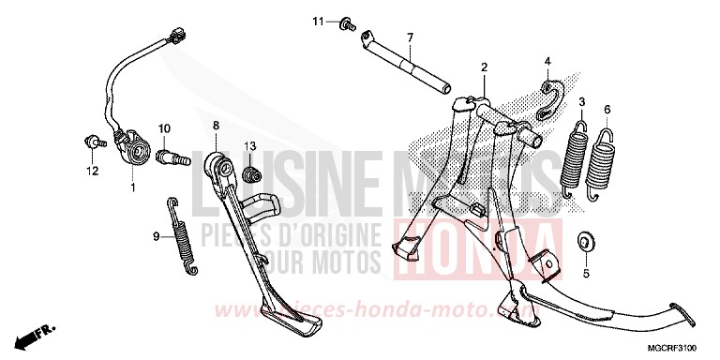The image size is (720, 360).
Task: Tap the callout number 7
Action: pos(410,38)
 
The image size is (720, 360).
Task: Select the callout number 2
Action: pos(485,67)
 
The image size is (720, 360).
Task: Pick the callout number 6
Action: pos(607,110)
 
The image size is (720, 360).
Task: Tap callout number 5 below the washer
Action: pos(585,275)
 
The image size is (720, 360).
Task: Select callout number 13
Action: pos(250,145)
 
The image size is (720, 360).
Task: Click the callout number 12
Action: pos(93,172)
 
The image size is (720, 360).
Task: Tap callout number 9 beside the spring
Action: pos(157,237)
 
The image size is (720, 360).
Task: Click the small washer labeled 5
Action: pos(585,242)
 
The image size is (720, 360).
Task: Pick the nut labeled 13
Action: pos(249,175)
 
